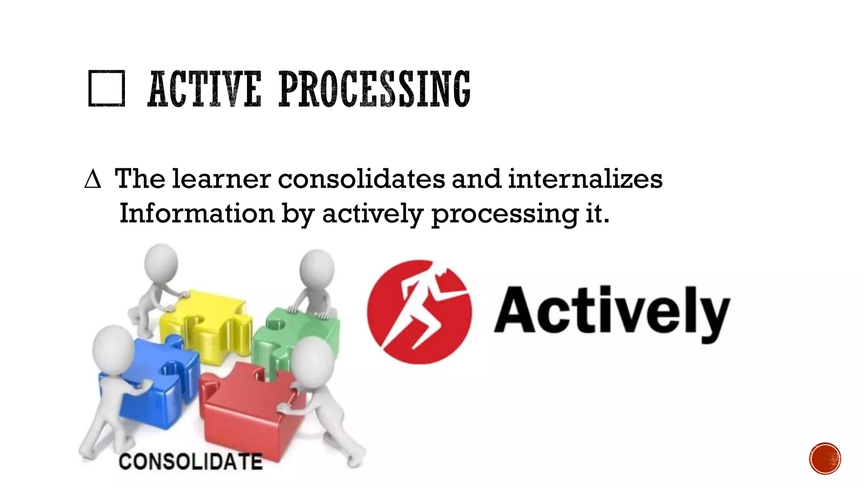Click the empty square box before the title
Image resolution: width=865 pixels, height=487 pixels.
[106, 88]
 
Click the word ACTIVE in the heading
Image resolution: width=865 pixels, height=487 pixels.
[205, 89]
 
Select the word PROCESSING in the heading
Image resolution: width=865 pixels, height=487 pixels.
[374, 89]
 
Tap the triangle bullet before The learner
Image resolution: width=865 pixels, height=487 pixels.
[92, 179]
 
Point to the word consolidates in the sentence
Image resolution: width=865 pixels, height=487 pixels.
[361, 179]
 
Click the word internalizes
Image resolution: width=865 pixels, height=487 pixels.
[585, 179]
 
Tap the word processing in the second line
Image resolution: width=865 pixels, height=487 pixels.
[504, 214]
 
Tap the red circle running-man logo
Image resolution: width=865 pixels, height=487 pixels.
[419, 312]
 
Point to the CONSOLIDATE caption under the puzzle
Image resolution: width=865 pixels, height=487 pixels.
[190, 461]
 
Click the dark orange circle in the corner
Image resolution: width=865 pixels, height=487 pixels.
[825, 458]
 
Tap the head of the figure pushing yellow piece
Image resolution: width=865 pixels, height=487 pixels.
[161, 262]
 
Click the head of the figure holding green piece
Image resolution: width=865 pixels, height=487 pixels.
[317, 268]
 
